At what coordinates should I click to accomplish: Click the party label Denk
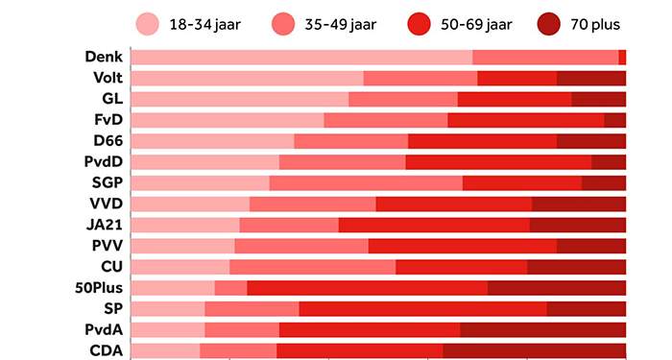pos(103,58)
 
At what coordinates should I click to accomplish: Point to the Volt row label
pos(107,79)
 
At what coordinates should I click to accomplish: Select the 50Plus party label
pos(99,287)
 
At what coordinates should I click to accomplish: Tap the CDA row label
pos(106,350)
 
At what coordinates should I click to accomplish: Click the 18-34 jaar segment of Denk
pos(301,58)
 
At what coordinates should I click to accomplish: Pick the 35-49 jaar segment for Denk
pos(545,58)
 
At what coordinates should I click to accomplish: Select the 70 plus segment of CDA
pos(534,350)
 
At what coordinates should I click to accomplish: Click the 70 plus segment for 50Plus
pos(557,287)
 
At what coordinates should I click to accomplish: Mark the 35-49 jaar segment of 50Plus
pos(230,287)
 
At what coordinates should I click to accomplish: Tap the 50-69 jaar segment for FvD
pos(525,120)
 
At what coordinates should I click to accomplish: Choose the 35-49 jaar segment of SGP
pos(366,182)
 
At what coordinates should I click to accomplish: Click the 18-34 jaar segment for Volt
pos(247,79)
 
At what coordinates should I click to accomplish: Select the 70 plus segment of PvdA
pos(542,329)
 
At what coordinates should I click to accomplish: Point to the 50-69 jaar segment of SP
pos(422,308)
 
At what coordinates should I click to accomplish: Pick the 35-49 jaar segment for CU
pos(312,266)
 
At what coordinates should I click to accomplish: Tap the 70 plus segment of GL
pos(598,99)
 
